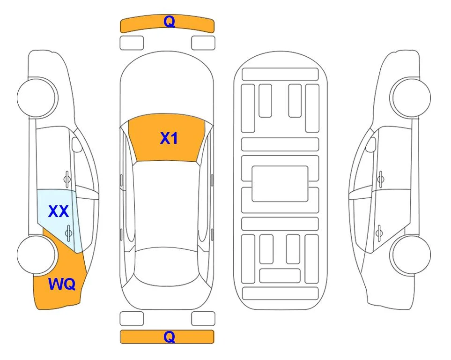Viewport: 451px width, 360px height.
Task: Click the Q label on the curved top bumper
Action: coord(169,21)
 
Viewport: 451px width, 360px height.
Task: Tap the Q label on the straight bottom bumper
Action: coord(169,337)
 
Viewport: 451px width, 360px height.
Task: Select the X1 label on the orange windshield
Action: coord(169,138)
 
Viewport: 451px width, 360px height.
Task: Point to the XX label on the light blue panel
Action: coord(59,211)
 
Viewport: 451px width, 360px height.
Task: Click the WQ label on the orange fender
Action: coord(62,284)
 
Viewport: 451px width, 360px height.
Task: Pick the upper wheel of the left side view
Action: coord(37,97)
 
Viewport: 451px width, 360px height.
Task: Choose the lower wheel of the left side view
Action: coord(37,255)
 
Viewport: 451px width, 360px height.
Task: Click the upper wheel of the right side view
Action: coord(410,97)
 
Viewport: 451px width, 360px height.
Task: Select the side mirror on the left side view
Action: coord(77,145)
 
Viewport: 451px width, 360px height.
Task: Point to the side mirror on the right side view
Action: coord(370,145)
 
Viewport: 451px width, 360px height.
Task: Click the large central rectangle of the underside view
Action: coord(280,184)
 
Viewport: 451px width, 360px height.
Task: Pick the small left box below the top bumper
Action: coord(132,43)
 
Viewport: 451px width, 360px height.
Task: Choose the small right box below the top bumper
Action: coord(203,43)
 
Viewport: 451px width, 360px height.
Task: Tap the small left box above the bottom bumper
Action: coord(132,319)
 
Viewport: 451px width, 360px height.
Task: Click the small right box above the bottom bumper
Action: coord(203,319)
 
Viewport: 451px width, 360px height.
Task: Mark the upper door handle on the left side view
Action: coord(67,180)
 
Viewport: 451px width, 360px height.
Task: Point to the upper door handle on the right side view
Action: coord(381,180)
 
